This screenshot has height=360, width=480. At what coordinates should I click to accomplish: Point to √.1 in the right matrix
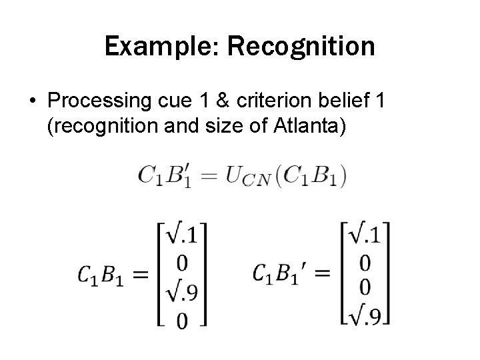(x=367, y=235)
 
